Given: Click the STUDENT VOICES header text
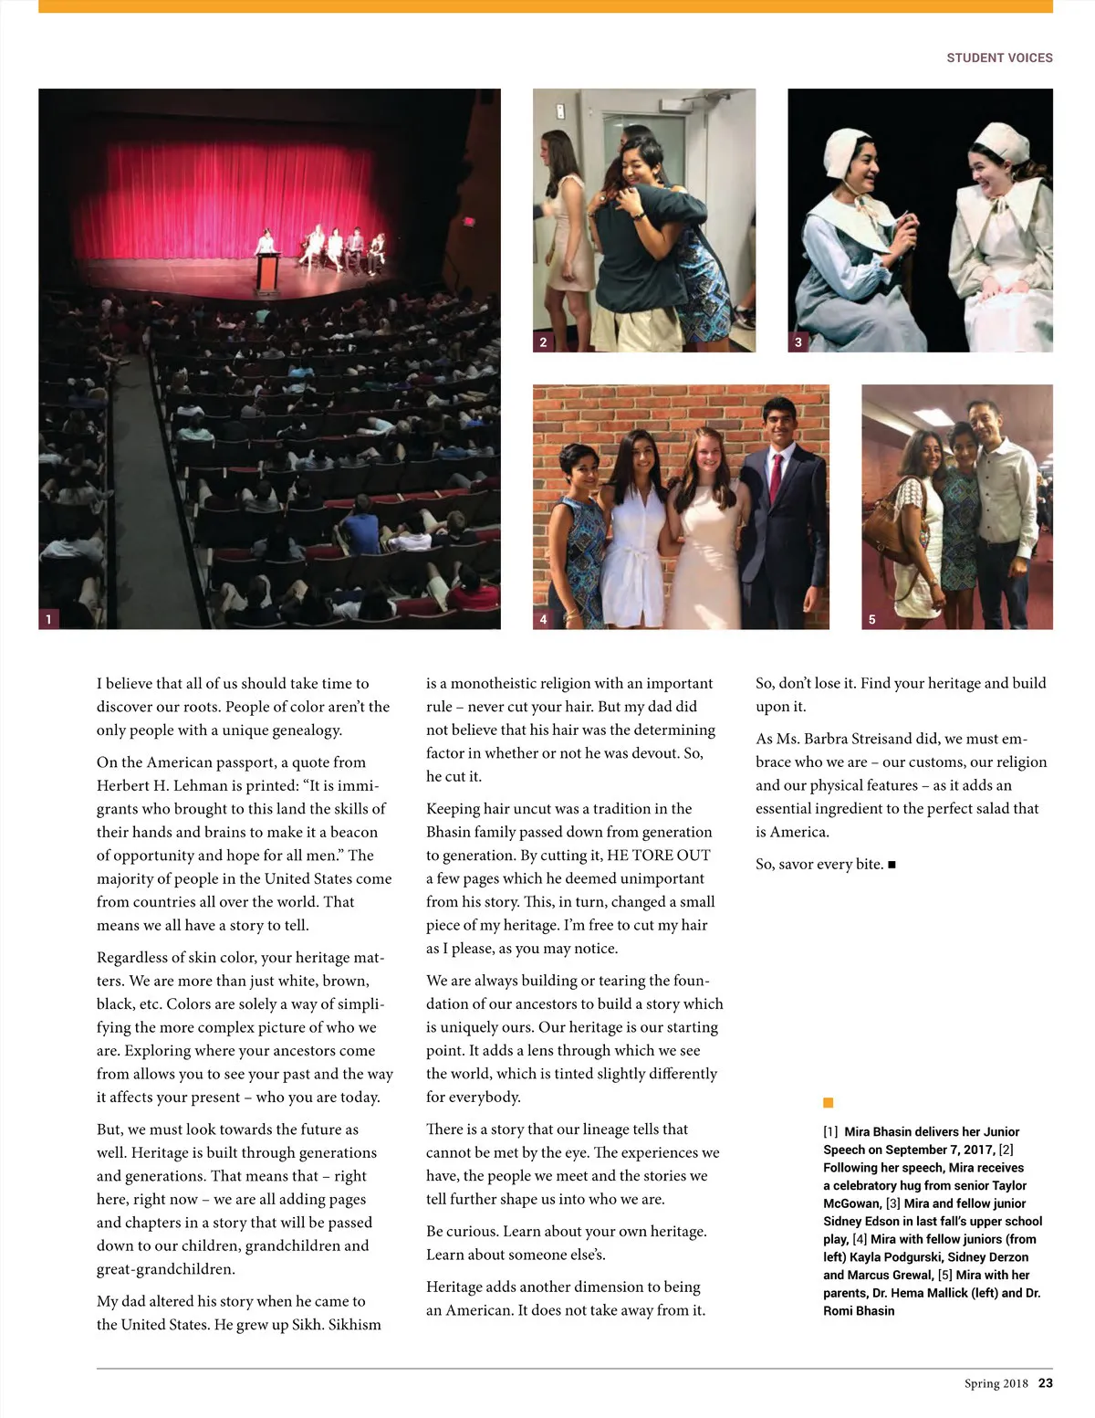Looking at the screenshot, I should [x=999, y=58].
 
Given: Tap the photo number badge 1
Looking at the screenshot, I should [x=49, y=619].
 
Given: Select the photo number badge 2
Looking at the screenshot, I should [x=544, y=342].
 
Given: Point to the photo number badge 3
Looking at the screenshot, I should [x=798, y=342].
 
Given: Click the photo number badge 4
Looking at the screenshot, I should [x=544, y=619].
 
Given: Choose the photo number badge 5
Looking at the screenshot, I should [x=872, y=619].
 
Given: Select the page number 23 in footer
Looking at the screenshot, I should [x=1045, y=1382].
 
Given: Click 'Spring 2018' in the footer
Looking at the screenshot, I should [x=996, y=1383].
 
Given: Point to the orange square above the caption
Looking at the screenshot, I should [x=829, y=1103].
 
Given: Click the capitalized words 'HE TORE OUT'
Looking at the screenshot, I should [x=658, y=856].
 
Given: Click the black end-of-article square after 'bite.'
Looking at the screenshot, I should [x=892, y=865].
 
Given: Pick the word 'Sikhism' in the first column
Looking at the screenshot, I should [x=354, y=1325].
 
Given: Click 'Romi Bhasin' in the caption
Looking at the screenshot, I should [x=859, y=1310].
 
